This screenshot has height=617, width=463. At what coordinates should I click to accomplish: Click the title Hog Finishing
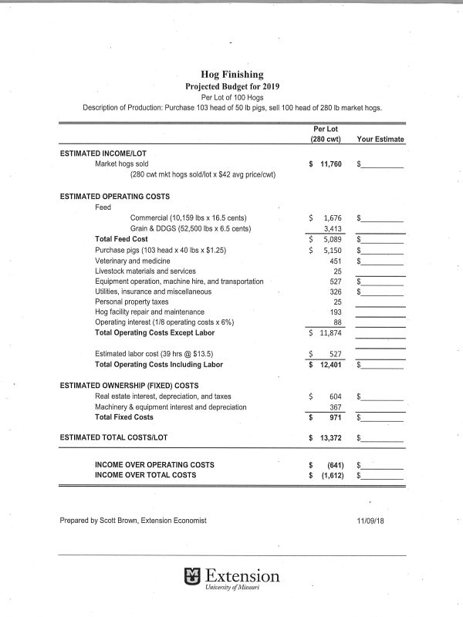pyautogui.click(x=231, y=74)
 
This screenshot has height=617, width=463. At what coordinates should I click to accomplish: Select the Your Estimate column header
pyautogui.click(x=380, y=140)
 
